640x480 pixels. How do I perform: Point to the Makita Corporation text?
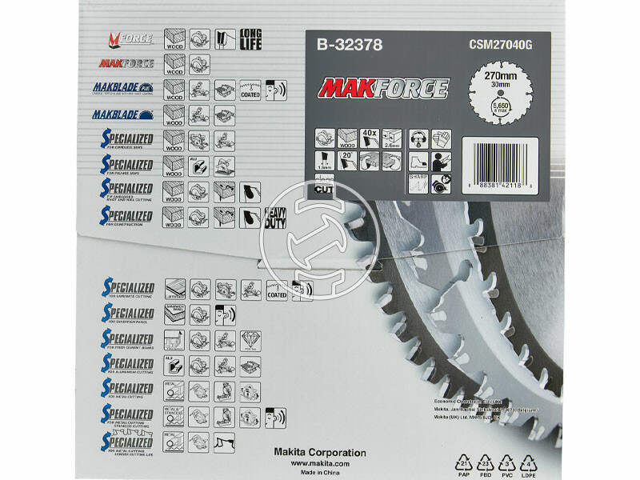[330, 452]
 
